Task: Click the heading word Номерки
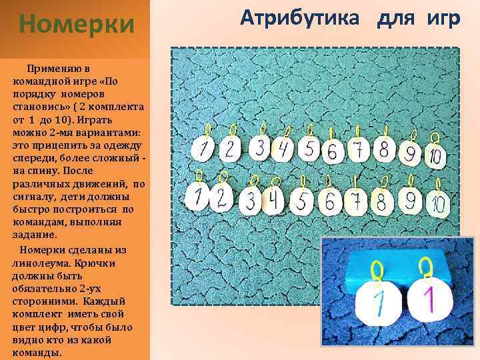[76, 25]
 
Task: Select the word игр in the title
[440, 19]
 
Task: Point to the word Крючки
[95, 263]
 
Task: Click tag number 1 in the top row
[202, 149]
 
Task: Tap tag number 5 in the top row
[309, 148]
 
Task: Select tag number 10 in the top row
[433, 155]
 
